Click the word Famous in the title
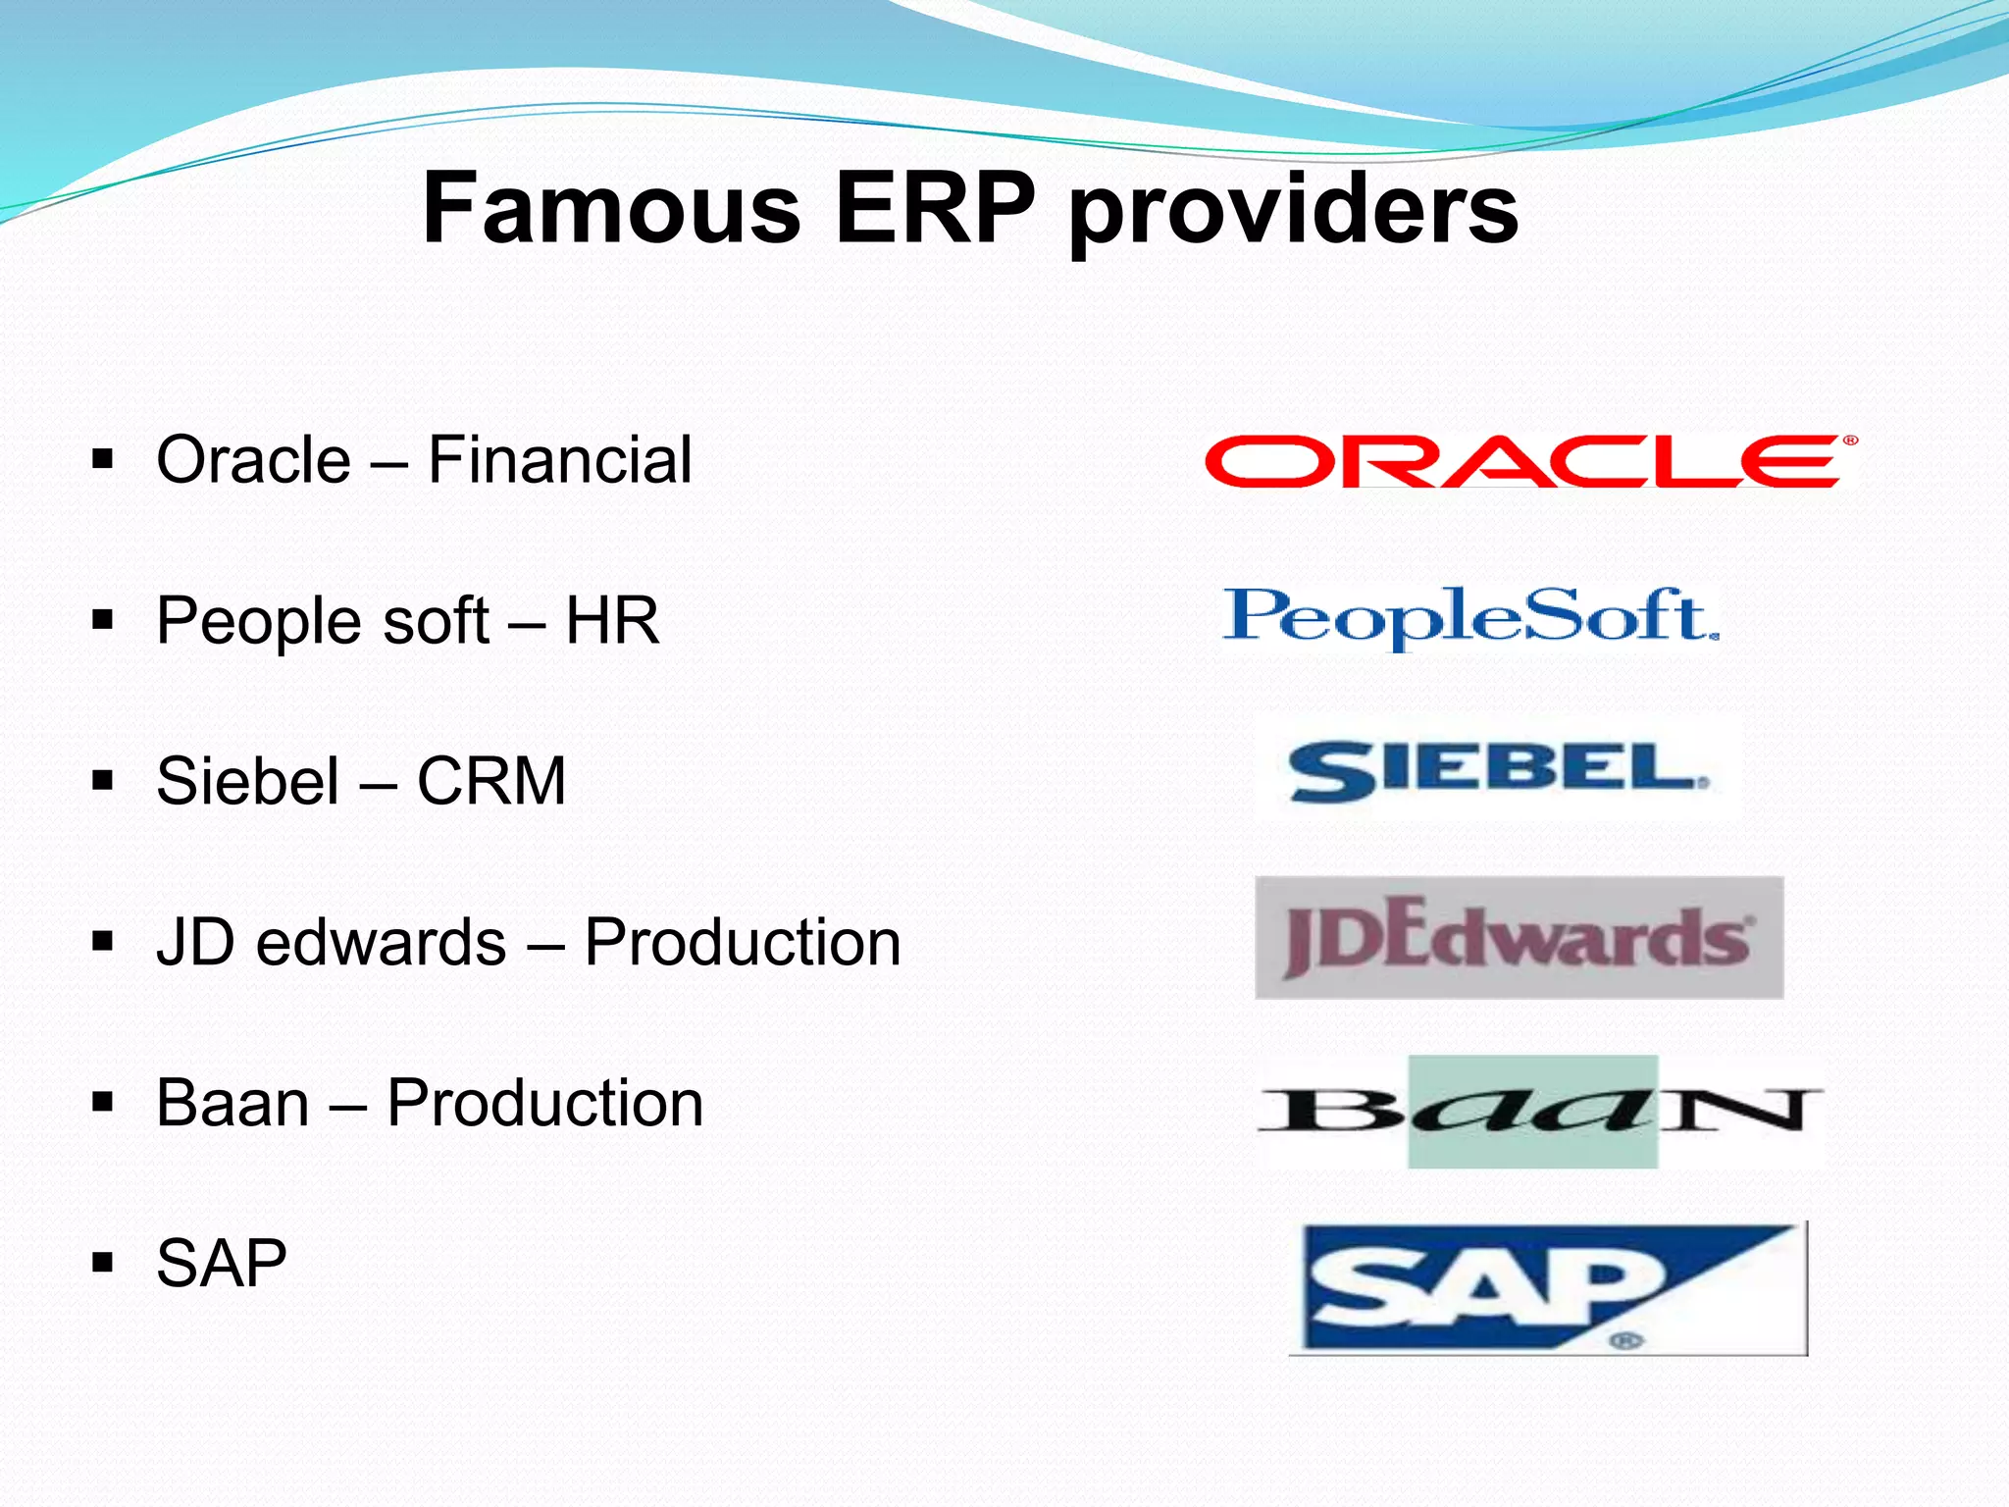click(610, 208)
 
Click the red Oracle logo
click(1530, 461)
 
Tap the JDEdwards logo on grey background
click(1519, 938)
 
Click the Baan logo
click(1540, 1112)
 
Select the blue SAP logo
click(1548, 1288)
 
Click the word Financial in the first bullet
click(560, 459)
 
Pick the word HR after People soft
click(612, 620)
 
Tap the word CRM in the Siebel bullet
click(491, 781)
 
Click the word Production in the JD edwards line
click(743, 942)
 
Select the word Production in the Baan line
click(545, 1103)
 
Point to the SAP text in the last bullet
click(222, 1263)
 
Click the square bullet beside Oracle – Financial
click(102, 459)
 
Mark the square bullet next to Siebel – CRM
click(102, 781)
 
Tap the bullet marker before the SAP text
click(102, 1263)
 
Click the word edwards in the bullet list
click(382, 942)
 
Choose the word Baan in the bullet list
click(233, 1103)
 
